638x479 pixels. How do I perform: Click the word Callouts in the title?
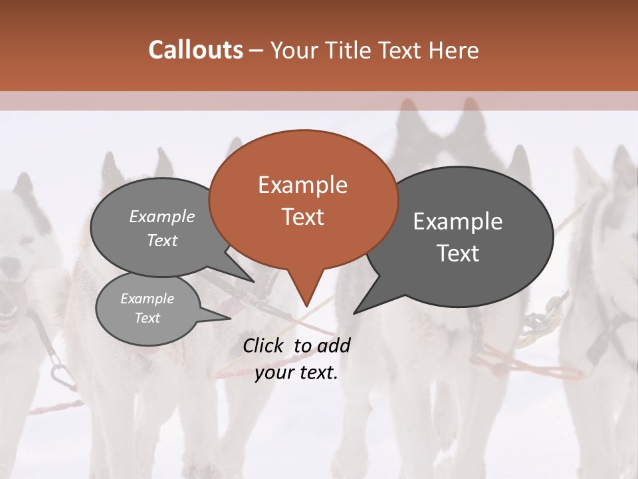click(195, 50)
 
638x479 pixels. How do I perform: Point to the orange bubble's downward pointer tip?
click(306, 307)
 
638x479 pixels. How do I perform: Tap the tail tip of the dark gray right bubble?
click(354, 313)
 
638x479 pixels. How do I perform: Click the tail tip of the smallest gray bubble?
click(230, 319)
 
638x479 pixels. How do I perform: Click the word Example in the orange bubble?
click(302, 185)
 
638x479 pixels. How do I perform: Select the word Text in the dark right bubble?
click(459, 253)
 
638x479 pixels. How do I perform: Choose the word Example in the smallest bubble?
click(148, 299)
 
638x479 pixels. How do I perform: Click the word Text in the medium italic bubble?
click(162, 241)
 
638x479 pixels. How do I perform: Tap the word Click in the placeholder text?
click(265, 345)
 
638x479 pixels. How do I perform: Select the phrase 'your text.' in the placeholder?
click(296, 373)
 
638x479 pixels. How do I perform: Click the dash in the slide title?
click(257, 51)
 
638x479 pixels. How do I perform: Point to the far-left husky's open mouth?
click(8, 306)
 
